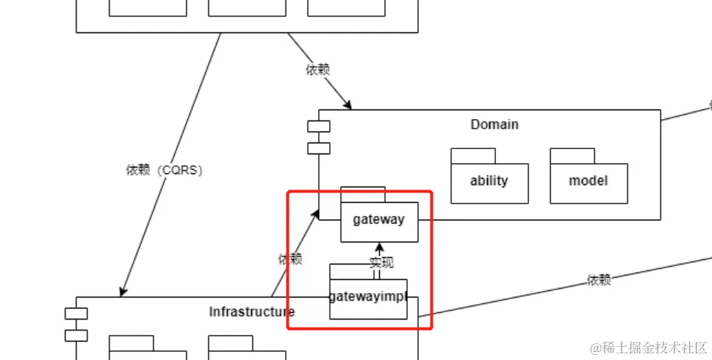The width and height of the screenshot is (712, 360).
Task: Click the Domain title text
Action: [495, 124]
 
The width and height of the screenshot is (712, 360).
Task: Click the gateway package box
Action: [378, 221]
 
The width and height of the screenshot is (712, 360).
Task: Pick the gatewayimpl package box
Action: [367, 298]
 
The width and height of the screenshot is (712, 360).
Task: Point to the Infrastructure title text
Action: [252, 312]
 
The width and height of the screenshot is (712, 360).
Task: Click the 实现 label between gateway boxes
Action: [381, 262]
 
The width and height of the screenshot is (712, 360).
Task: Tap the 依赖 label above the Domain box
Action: [317, 70]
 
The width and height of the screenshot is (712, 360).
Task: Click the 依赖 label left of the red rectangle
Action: [290, 259]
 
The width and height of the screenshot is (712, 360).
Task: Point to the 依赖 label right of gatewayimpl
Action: [599, 279]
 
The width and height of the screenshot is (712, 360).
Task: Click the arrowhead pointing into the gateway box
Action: [379, 247]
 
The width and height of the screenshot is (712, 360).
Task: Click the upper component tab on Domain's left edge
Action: [318, 126]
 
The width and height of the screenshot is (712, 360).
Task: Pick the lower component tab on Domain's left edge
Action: [318, 148]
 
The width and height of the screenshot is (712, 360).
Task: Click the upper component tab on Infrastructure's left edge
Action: [76, 314]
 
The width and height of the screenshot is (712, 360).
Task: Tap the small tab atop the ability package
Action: [472, 155]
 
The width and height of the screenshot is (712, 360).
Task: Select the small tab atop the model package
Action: [572, 155]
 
